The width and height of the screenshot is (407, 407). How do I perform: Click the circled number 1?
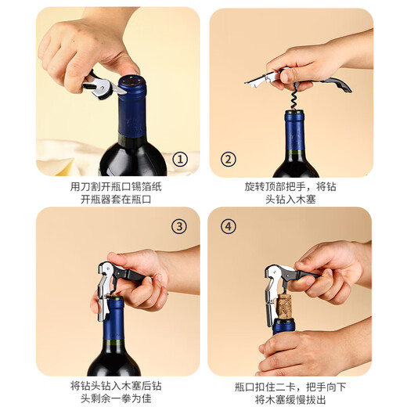(181, 160)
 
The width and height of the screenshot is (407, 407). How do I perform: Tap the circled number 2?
(229, 160)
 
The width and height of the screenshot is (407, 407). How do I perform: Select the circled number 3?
(180, 227)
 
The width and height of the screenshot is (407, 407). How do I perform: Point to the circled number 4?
(229, 227)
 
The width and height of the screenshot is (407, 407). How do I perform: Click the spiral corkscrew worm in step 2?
(294, 97)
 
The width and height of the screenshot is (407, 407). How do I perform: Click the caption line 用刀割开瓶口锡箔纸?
(115, 188)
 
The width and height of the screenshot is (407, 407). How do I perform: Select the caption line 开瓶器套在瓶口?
(115, 201)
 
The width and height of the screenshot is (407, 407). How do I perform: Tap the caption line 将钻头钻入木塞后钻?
(115, 386)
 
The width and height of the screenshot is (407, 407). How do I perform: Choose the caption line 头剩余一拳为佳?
(115, 399)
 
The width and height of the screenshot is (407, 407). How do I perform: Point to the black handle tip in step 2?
(344, 85)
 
